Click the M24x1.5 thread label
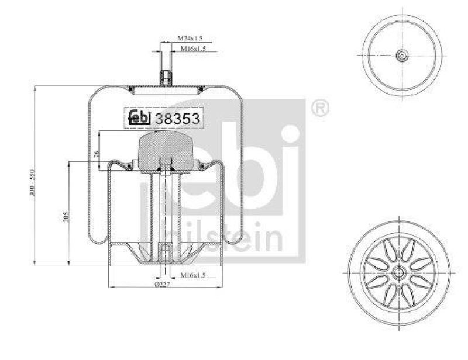pyautogui.click(x=190, y=39)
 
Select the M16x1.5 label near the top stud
pyautogui.click(x=192, y=49)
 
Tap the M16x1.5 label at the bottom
pyautogui.click(x=192, y=274)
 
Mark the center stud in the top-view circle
pyautogui.click(x=402, y=56)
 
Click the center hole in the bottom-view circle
pyautogui.click(x=399, y=272)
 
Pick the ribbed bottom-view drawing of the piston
pyautogui.click(x=399, y=272)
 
